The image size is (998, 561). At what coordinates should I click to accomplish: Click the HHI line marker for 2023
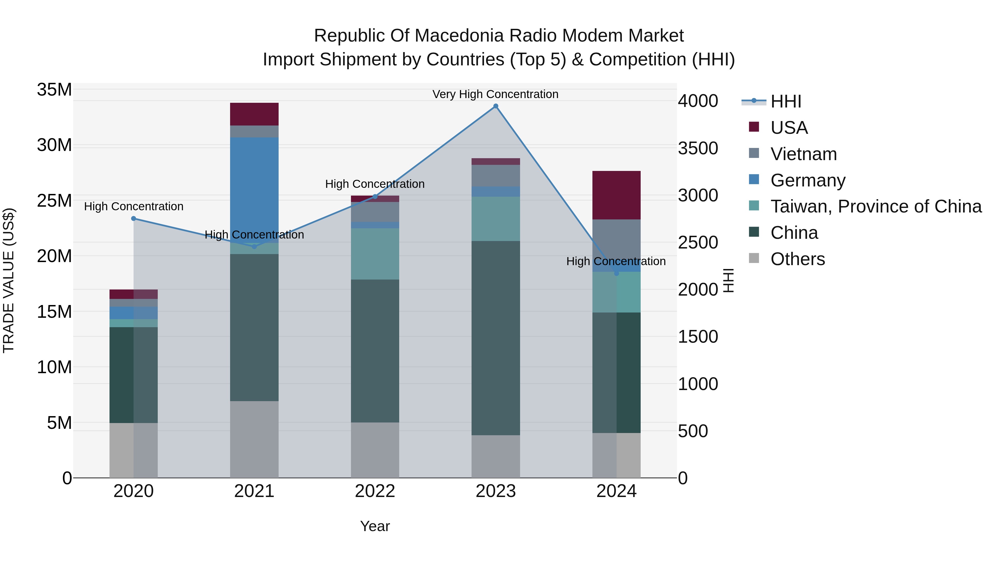tap(495, 106)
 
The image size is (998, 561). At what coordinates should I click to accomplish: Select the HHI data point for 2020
tap(134, 218)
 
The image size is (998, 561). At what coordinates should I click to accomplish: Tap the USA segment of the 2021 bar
tap(254, 114)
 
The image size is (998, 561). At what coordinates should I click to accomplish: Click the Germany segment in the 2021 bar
tap(254, 186)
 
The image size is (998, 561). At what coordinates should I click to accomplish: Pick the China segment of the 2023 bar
tap(495, 337)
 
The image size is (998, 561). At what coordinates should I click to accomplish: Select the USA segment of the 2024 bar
tap(616, 195)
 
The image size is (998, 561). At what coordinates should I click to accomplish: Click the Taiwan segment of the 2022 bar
tap(375, 253)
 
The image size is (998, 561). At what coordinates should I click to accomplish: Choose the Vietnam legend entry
tap(803, 154)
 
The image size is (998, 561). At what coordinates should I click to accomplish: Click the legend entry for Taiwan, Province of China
tap(875, 206)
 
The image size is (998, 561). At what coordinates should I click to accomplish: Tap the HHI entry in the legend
tap(786, 101)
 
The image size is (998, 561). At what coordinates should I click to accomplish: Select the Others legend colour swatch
tap(754, 258)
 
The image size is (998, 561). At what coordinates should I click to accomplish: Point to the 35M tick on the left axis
tap(54, 90)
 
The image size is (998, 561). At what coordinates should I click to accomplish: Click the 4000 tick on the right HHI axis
tap(697, 101)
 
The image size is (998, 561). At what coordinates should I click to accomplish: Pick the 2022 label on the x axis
tap(375, 491)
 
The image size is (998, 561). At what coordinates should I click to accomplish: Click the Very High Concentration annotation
tap(495, 94)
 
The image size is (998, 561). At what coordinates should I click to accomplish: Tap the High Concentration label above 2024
tap(616, 261)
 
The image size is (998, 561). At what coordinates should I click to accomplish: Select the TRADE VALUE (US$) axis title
tap(9, 280)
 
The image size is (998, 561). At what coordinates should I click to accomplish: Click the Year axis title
tap(375, 526)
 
